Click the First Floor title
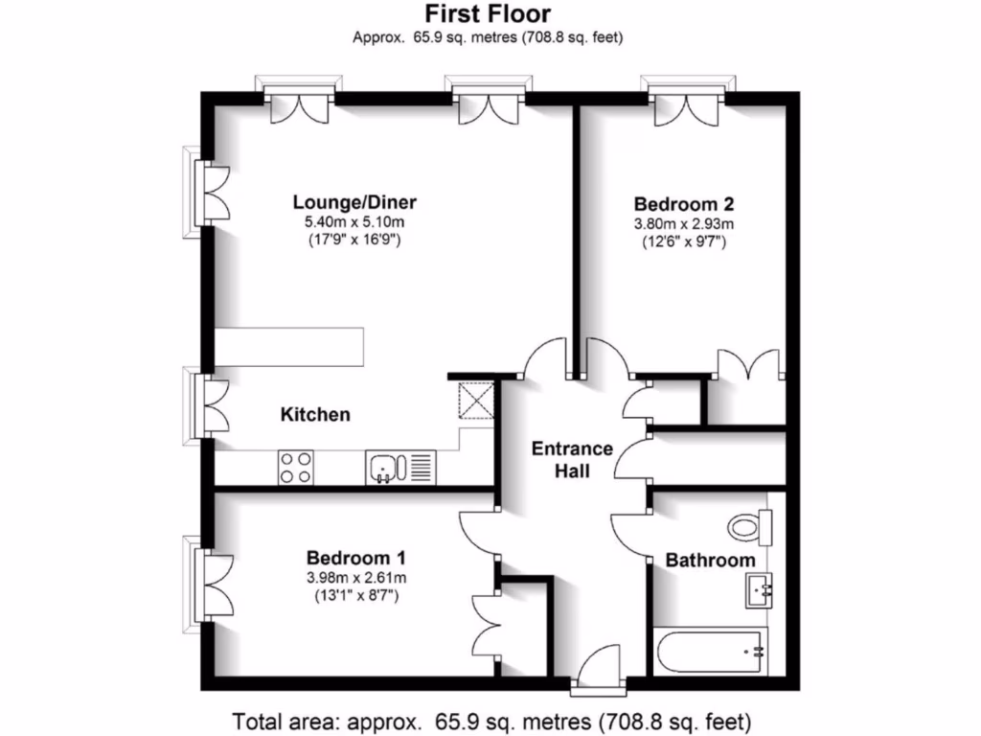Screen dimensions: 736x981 (x=490, y=14)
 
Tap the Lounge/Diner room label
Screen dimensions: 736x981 (x=354, y=202)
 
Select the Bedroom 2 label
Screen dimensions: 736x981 (x=684, y=203)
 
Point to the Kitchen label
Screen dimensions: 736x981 (x=315, y=415)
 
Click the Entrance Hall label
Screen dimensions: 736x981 (x=572, y=459)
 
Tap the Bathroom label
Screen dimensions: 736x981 (x=710, y=560)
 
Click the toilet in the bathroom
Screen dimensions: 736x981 (x=750, y=525)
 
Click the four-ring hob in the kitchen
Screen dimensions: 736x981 (x=295, y=467)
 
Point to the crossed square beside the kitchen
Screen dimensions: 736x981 (x=474, y=398)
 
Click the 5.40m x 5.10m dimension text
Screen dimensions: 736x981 (x=354, y=222)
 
